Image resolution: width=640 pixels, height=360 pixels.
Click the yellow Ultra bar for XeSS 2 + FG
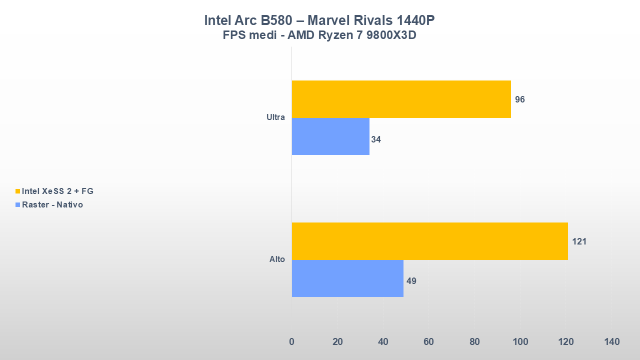tap(401, 99)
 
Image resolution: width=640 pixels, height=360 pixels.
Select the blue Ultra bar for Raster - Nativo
tap(330, 136)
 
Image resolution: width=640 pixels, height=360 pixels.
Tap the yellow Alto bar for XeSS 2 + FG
tap(429, 241)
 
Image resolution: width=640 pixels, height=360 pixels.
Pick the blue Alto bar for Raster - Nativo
tap(347, 278)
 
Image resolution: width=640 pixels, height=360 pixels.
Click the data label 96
tap(520, 99)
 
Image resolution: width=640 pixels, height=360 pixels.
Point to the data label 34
tap(376, 139)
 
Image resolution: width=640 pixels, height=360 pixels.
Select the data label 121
tap(579, 241)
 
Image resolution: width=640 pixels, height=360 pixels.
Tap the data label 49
tap(411, 281)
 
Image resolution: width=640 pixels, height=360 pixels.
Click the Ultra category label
tap(275, 117)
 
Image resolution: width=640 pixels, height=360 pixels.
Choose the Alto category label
tap(277, 259)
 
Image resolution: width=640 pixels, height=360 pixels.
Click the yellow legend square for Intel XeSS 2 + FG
tap(18, 191)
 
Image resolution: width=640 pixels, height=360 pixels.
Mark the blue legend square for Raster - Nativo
tap(18, 204)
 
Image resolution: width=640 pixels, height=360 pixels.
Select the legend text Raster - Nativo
tap(52, 204)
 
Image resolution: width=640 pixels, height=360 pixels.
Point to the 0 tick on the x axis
tap(291, 342)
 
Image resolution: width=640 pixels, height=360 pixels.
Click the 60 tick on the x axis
tap(428, 342)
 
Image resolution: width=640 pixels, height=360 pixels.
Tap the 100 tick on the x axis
tap(520, 342)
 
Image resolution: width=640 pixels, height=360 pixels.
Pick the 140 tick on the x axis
tap(611, 342)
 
